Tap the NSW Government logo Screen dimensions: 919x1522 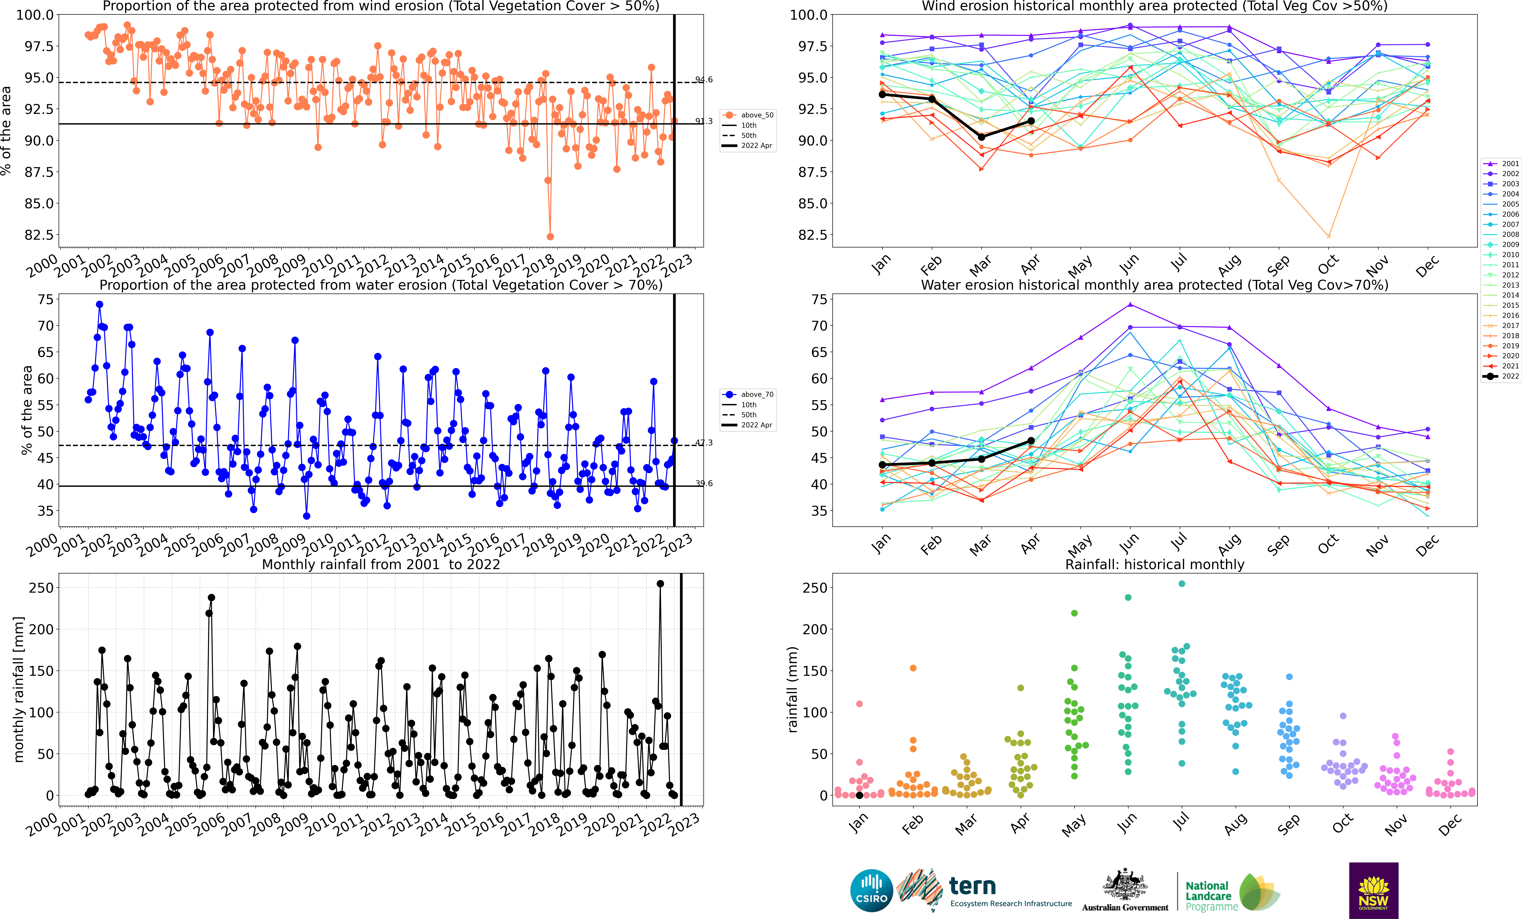pos(1373,890)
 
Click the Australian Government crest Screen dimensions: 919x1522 pos(1125,884)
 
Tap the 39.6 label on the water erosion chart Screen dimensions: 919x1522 pos(704,483)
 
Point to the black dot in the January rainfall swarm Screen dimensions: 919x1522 pos(859,795)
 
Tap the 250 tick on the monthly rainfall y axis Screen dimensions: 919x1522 pos(41,588)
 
